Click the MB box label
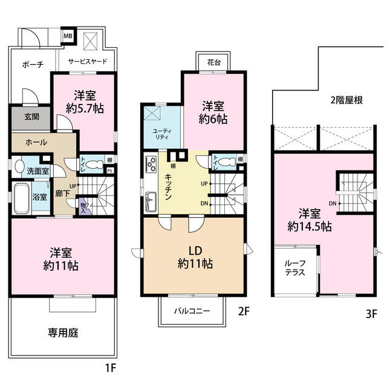pos(68,36)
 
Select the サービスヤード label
pos(88,62)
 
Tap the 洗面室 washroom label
pos(34,171)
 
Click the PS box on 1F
pos(109,171)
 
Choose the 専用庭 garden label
pos(63,332)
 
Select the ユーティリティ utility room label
pos(161,134)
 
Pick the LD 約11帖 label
pos(194,256)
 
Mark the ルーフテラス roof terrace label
pos(294,267)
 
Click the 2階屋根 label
pos(346,100)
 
